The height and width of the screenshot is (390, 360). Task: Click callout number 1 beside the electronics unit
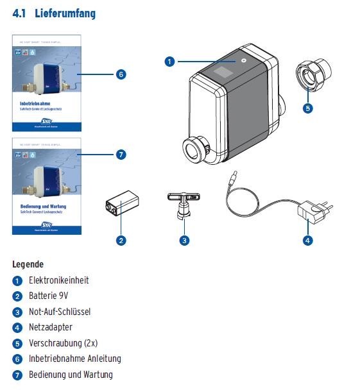(x=169, y=62)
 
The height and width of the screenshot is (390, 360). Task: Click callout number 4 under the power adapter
(x=307, y=241)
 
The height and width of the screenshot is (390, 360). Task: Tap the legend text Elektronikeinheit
(x=59, y=280)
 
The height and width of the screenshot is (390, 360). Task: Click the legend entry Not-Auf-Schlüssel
(x=60, y=312)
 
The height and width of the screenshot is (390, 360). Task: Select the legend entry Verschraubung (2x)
(x=63, y=343)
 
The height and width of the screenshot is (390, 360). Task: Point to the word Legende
(x=28, y=264)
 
